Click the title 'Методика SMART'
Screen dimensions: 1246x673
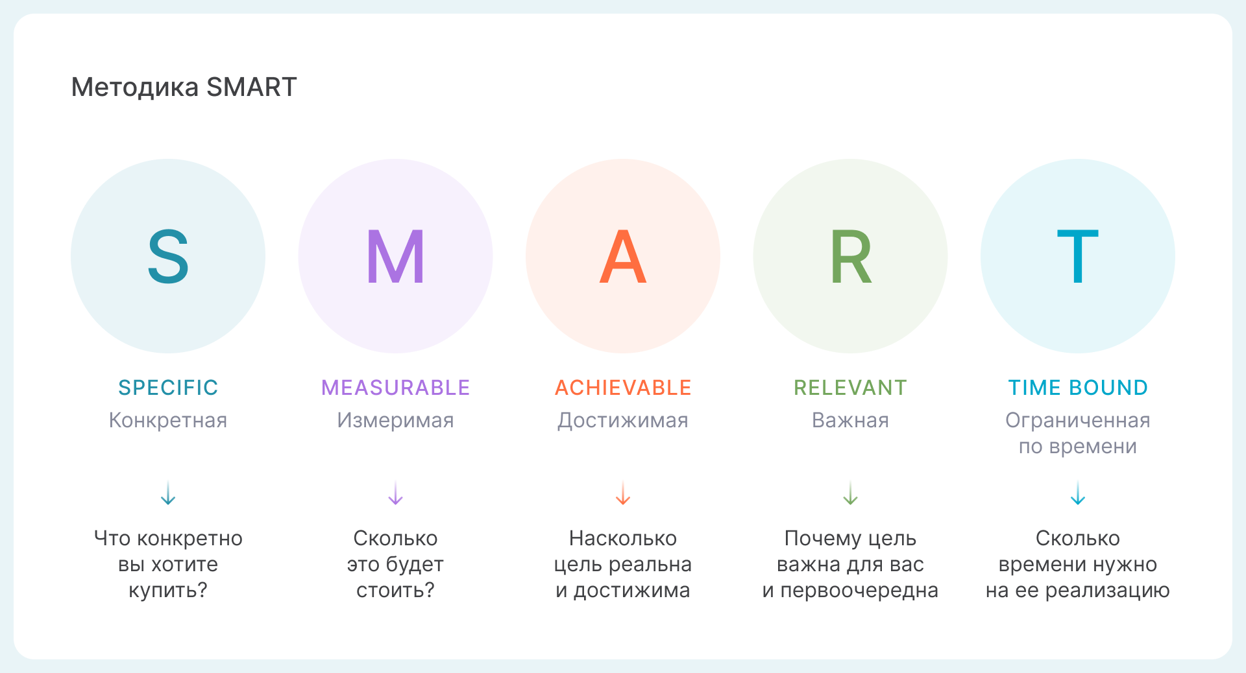tap(184, 87)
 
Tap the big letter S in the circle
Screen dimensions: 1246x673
tap(168, 257)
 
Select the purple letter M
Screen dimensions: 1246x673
tap(395, 257)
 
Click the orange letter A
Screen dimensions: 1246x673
tap(623, 257)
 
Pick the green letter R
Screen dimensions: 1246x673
tap(851, 257)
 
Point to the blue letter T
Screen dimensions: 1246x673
tap(1078, 257)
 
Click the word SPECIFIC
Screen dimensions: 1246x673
tap(168, 388)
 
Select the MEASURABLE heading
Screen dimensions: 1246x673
tap(395, 388)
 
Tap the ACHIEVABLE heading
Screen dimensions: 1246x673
tap(623, 388)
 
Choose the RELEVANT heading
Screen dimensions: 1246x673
tap(851, 388)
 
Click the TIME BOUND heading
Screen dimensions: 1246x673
tap(1078, 388)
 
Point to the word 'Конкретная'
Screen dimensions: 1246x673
tap(168, 420)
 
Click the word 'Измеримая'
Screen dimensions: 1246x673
tap(395, 420)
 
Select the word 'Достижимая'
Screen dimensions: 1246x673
tap(623, 421)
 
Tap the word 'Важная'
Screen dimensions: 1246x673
tap(851, 420)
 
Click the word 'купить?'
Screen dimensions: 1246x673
tap(168, 591)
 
